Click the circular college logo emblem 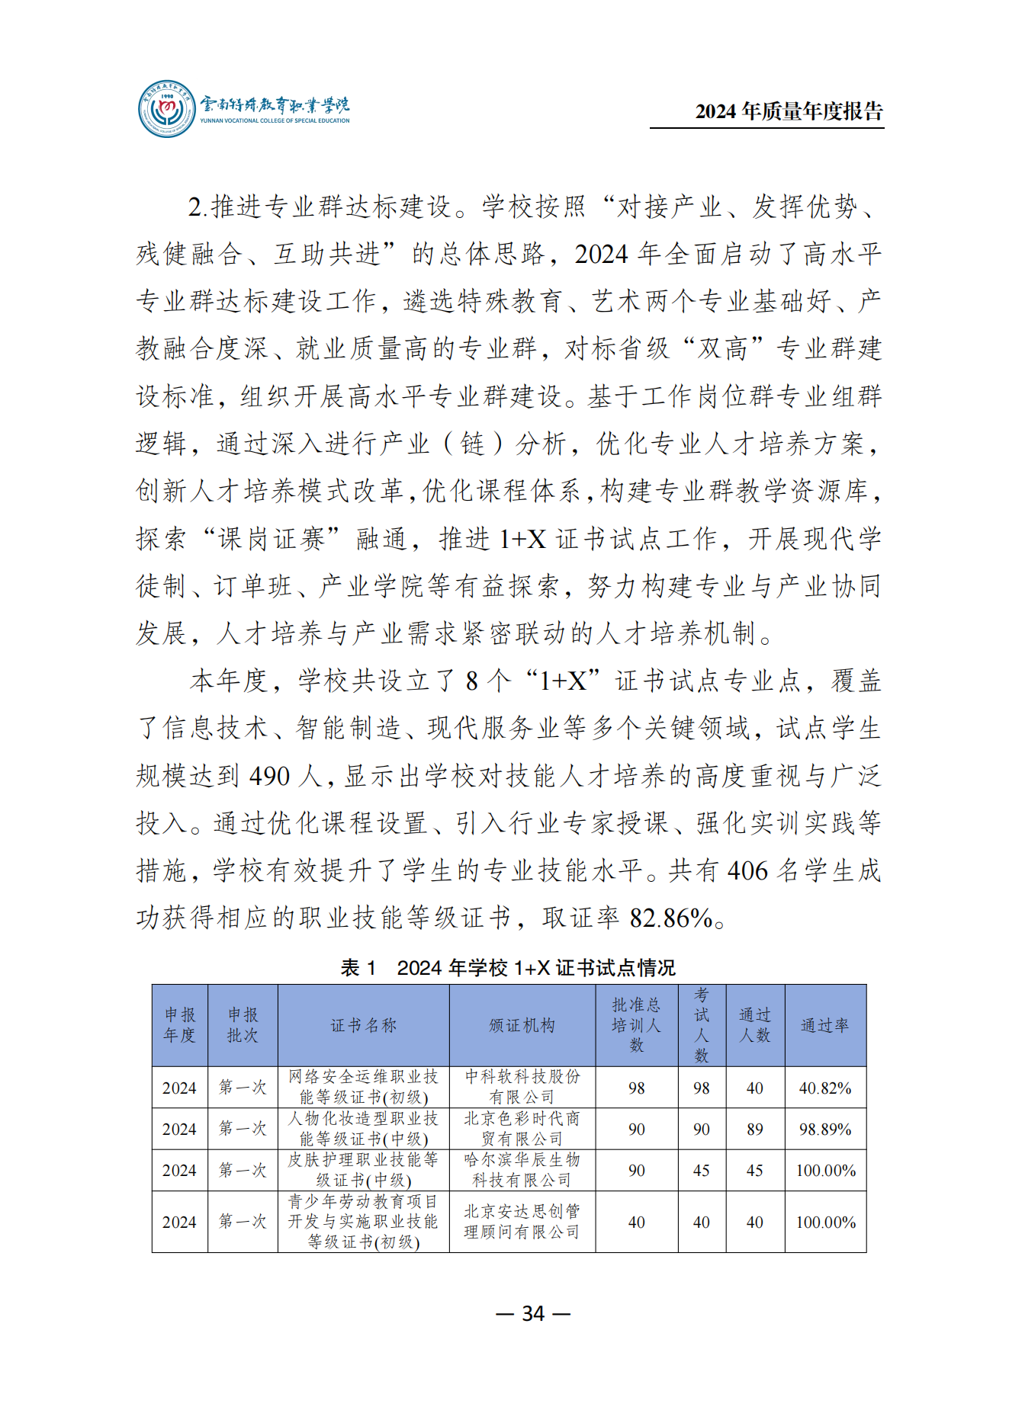pyautogui.click(x=166, y=109)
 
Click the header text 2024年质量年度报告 pyautogui.click(x=789, y=111)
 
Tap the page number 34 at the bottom pyautogui.click(x=532, y=1312)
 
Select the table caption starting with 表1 pyautogui.click(x=507, y=967)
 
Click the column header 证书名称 pyautogui.click(x=363, y=1025)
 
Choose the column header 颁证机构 pyautogui.click(x=522, y=1025)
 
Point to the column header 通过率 pyautogui.click(x=824, y=1025)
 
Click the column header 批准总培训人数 pyautogui.click(x=636, y=1025)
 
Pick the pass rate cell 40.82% pyautogui.click(x=824, y=1088)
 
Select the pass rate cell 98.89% pyautogui.click(x=824, y=1129)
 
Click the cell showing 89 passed pyautogui.click(x=754, y=1129)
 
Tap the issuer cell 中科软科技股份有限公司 pyautogui.click(x=522, y=1087)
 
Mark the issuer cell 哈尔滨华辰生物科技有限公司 pyautogui.click(x=522, y=1170)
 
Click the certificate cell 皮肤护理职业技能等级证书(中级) pyautogui.click(x=363, y=1170)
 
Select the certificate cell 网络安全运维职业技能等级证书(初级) pyautogui.click(x=363, y=1087)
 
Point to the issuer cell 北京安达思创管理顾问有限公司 pyautogui.click(x=522, y=1221)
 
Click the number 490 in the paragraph pyautogui.click(x=269, y=776)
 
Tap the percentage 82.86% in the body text pyautogui.click(x=670, y=918)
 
